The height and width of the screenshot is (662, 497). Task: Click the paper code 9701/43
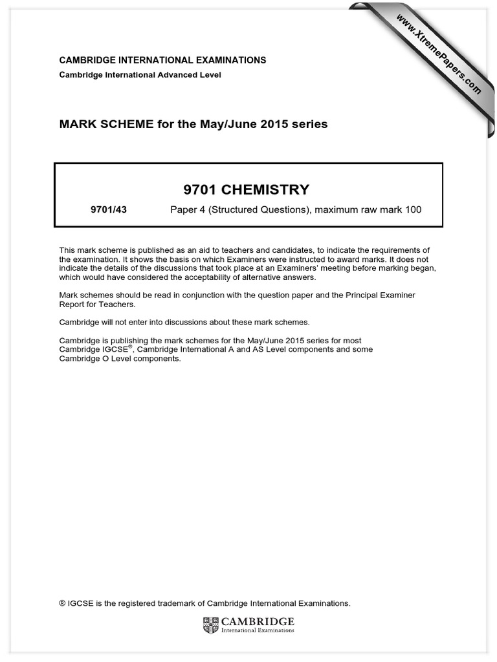109,209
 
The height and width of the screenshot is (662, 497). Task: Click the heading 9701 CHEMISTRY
248,189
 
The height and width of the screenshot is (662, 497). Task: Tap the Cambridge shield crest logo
211,625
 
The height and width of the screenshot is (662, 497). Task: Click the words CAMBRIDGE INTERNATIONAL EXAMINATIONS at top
162,60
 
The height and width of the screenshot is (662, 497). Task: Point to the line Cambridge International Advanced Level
140,75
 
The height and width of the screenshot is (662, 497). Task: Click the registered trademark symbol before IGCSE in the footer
62,603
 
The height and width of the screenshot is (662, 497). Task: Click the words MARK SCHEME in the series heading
96,123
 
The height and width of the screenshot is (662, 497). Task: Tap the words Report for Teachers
97,304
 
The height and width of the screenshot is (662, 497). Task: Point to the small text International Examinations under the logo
258,629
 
